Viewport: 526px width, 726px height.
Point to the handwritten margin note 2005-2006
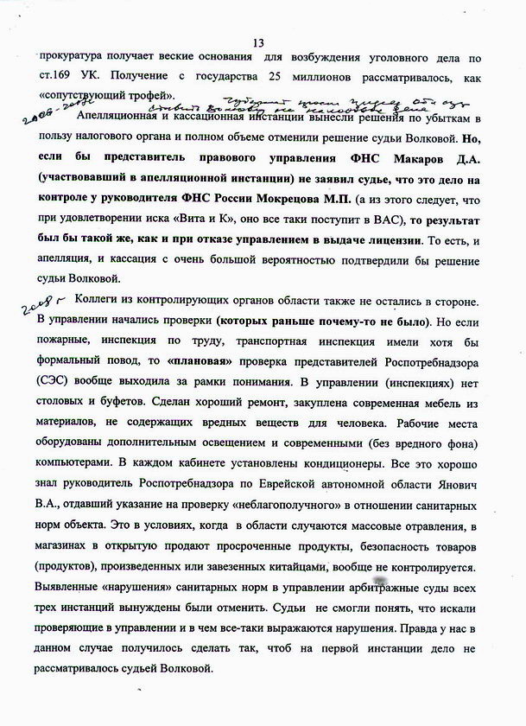pyautogui.click(x=41, y=118)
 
